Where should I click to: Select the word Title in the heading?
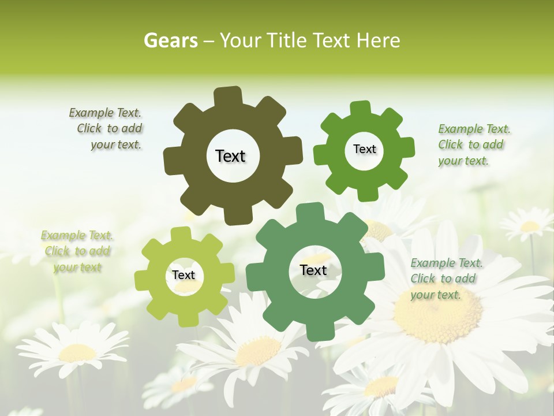[286, 40]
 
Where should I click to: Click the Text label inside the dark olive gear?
[230, 156]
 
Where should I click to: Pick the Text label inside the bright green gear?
[364, 149]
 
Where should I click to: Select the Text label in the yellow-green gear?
[184, 275]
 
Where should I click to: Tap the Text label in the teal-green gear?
[313, 270]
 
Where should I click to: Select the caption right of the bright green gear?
[473, 144]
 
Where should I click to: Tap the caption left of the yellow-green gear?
[77, 251]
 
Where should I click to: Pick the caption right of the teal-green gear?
[446, 278]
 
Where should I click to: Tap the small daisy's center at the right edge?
[530, 226]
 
